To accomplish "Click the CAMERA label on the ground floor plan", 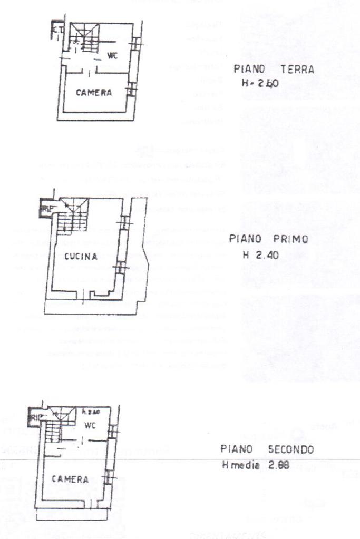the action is pyautogui.click(x=93, y=93).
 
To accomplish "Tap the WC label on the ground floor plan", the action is pyautogui.click(x=112, y=55).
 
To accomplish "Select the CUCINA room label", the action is pyautogui.click(x=81, y=257).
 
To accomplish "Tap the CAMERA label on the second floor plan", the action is pyautogui.click(x=70, y=479).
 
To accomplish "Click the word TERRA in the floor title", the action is pyautogui.click(x=297, y=70).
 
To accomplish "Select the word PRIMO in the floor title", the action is pyautogui.click(x=289, y=239).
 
